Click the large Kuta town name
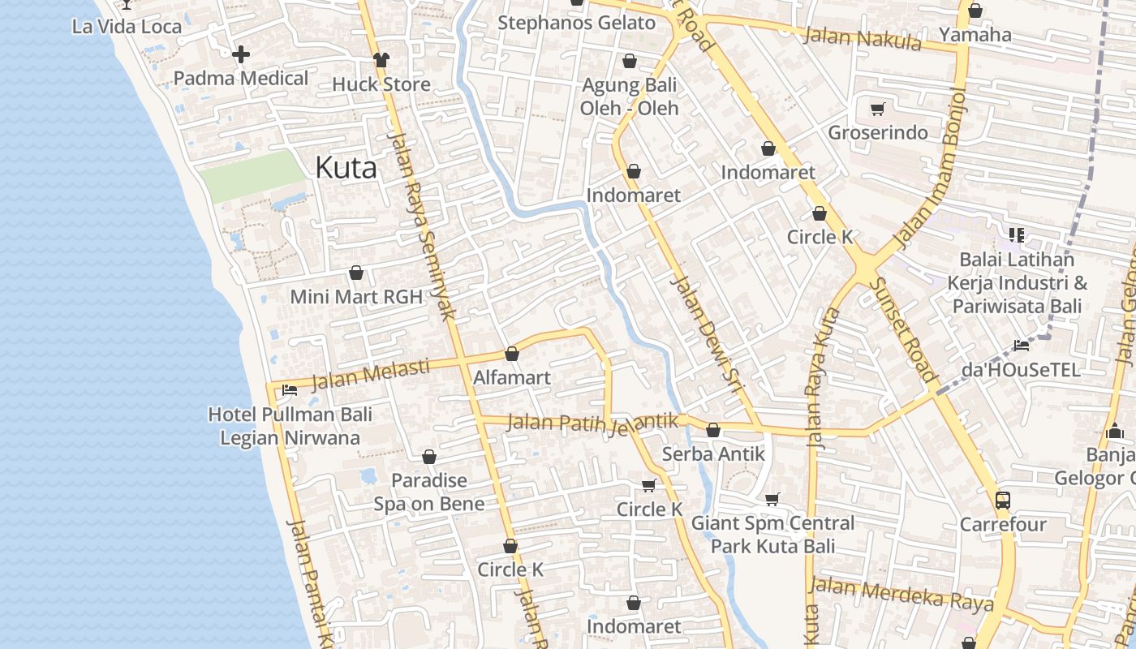[346, 168]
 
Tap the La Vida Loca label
[127, 26]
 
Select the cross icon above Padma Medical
[241, 55]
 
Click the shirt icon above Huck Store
[381, 59]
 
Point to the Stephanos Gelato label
[576, 23]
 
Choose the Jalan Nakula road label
[863, 38]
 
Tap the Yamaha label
[975, 34]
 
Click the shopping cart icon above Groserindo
[877, 109]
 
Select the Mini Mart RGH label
[356, 297]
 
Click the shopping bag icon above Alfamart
[512, 355]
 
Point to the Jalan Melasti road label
[370, 375]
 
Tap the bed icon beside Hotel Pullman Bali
[289, 390]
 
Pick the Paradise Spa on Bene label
[429, 492]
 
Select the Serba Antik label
[713, 453]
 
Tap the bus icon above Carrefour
[1003, 500]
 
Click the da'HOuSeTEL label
[1021, 370]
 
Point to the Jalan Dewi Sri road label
[707, 334]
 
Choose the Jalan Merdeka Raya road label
[901, 595]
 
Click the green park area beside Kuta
[252, 175]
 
